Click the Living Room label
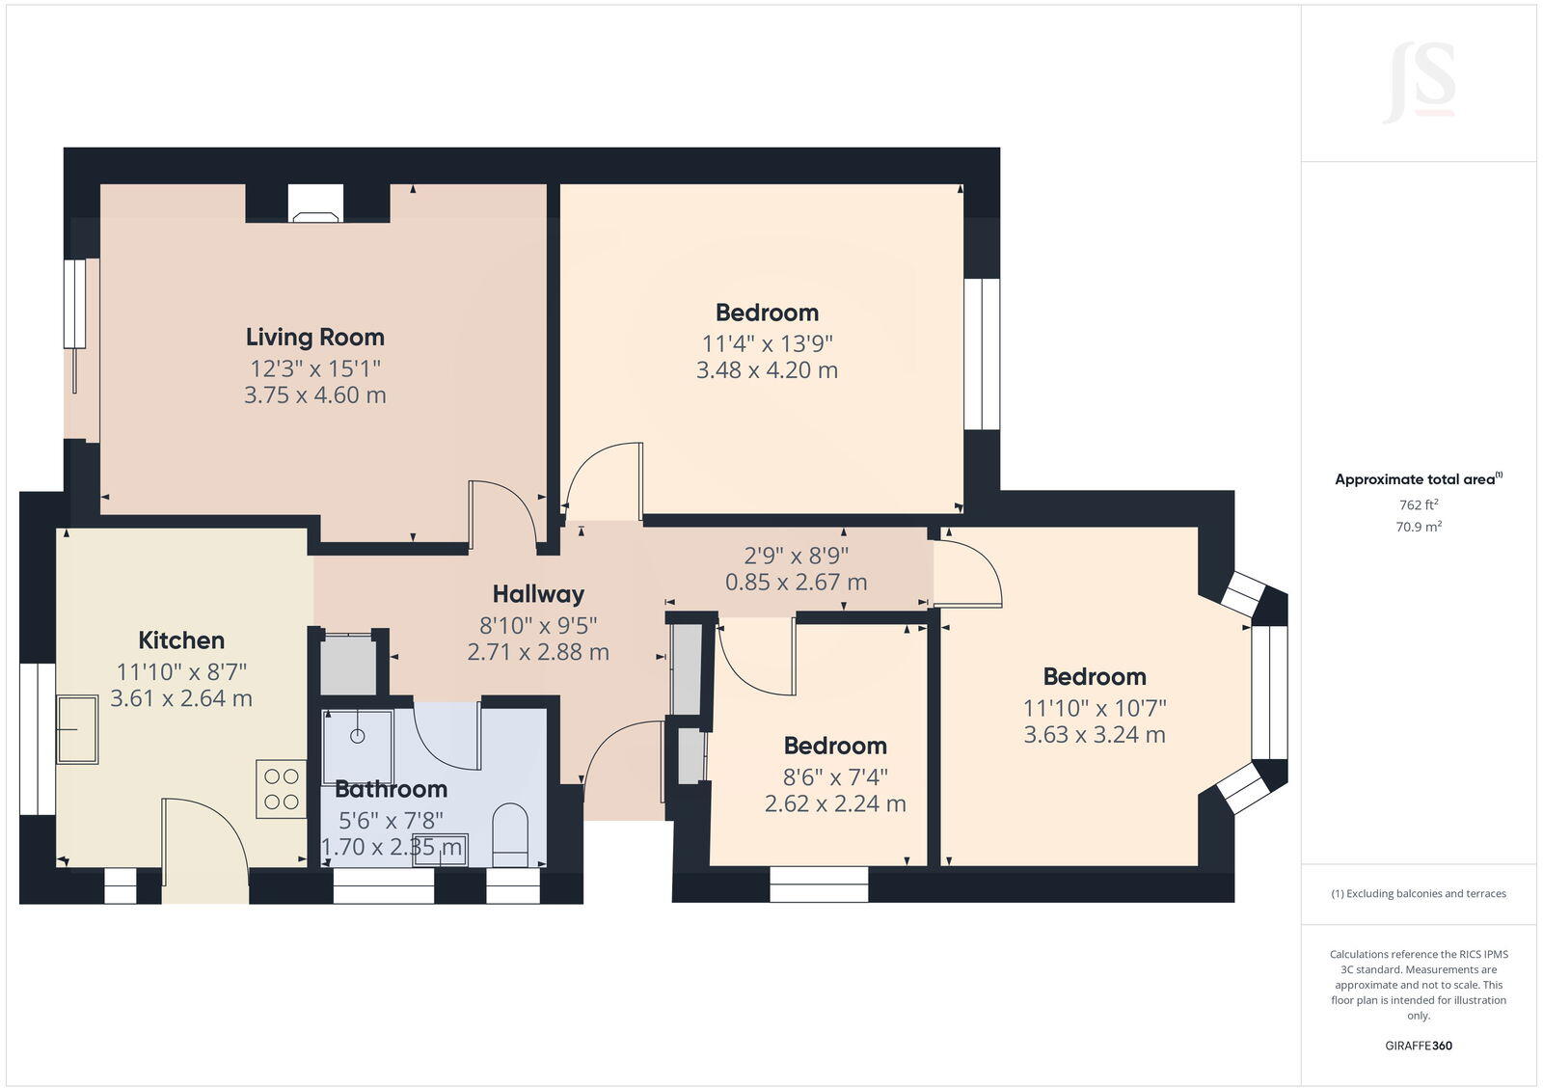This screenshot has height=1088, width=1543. [x=314, y=337]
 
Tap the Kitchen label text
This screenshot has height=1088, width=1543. [x=181, y=640]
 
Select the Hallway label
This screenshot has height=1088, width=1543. [x=538, y=594]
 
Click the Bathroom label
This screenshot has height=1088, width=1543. [x=391, y=789]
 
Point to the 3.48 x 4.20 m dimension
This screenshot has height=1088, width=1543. [x=767, y=370]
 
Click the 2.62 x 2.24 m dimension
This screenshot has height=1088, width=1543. [x=835, y=803]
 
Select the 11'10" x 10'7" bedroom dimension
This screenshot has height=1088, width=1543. [x=1095, y=708]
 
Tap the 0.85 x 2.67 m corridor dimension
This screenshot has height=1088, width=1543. [x=796, y=583]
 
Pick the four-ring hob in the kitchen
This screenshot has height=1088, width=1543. [x=281, y=789]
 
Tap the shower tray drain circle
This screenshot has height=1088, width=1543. [x=358, y=736]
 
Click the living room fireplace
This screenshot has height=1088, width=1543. [x=315, y=204]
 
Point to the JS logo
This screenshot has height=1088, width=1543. [x=1419, y=82]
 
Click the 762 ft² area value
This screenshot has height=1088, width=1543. [x=1419, y=504]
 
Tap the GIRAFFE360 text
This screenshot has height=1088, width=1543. [x=1419, y=1046]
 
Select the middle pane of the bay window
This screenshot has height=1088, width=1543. [x=1270, y=693]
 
